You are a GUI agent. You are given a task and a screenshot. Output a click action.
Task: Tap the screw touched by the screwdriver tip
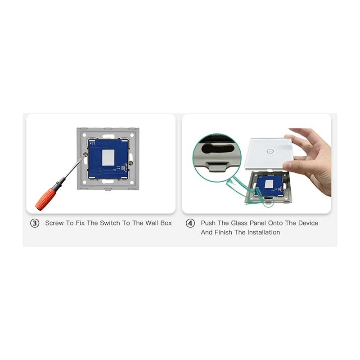[85, 154]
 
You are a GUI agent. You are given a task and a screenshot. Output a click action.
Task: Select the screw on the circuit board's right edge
[130, 163]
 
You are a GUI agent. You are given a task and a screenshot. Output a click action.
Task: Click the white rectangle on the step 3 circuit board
[108, 157]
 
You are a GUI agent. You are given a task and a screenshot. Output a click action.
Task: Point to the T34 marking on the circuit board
[92, 143]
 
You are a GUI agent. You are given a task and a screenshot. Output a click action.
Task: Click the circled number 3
[35, 223]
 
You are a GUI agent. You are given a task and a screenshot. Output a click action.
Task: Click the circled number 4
[190, 223]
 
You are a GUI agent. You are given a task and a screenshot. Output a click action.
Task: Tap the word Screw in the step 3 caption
[54, 223]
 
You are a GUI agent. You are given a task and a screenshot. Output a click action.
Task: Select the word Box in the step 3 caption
[166, 223]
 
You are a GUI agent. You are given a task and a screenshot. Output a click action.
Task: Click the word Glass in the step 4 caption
[239, 223]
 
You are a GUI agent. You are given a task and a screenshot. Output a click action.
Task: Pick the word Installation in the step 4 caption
[264, 232]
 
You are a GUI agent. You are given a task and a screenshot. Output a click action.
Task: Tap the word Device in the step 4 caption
[308, 223]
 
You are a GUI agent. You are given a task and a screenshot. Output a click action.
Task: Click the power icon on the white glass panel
[270, 151]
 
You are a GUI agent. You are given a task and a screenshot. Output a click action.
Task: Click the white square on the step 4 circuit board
[269, 184]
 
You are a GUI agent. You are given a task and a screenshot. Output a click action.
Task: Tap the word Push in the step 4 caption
[208, 223]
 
